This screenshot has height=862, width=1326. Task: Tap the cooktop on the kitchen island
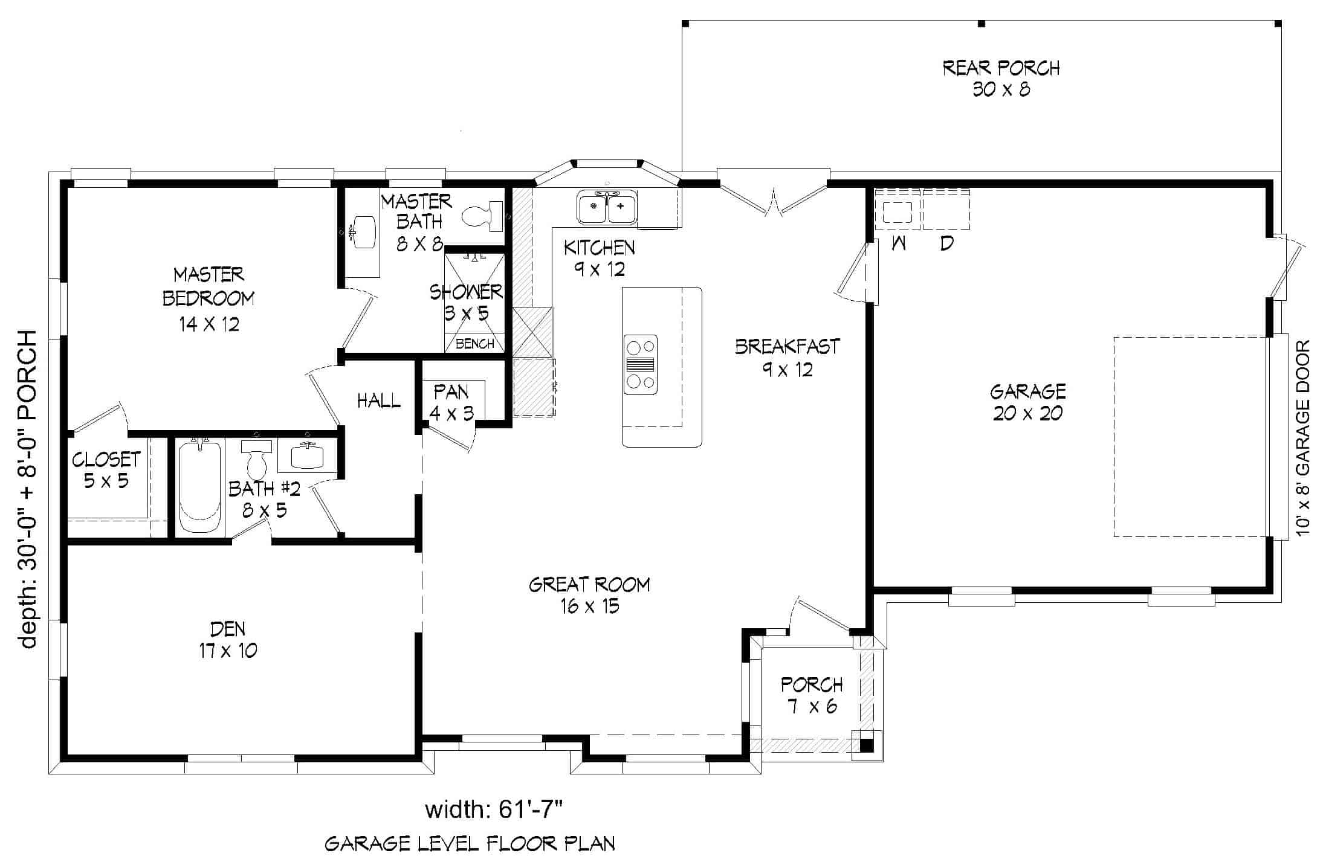641,365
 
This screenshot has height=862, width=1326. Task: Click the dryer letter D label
947,243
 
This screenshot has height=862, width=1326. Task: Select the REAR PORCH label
1001,79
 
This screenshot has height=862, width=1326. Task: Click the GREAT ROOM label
589,595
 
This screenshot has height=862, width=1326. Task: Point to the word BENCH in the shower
475,344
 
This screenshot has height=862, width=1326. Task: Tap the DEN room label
228,640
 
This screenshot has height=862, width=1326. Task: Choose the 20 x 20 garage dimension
1027,414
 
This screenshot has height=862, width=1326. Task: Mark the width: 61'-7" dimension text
494,809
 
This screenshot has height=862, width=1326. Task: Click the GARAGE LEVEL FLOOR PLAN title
470,843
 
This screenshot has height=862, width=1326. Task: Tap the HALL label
379,400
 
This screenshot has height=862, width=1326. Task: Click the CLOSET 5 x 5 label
106,470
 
